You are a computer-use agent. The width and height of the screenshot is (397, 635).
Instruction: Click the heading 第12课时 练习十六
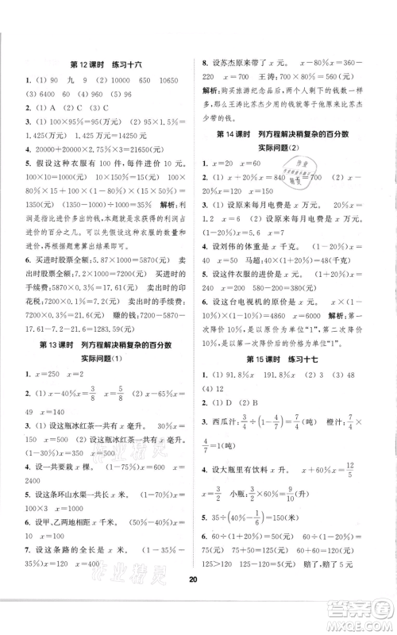click(x=103, y=63)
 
